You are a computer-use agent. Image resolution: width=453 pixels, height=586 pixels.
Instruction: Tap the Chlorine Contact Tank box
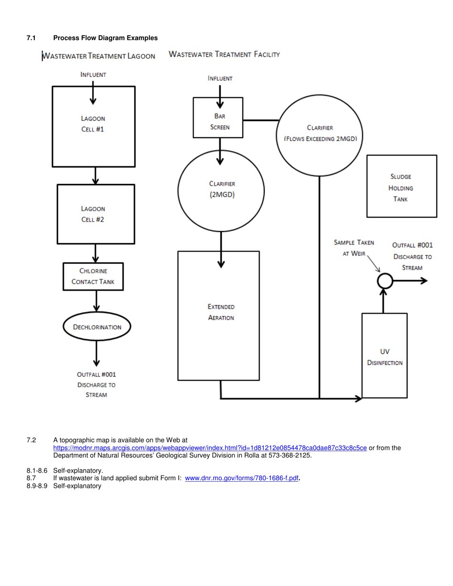coord(93,277)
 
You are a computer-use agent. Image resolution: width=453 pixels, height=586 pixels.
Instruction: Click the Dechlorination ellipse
coord(97,327)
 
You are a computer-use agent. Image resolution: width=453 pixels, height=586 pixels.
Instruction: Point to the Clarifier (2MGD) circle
coord(221,190)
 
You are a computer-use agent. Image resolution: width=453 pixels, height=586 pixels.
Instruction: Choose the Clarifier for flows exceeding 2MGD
coord(319,133)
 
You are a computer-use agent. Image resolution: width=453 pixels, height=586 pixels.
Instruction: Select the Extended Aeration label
coord(221,312)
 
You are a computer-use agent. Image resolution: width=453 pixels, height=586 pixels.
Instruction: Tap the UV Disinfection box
coord(384,356)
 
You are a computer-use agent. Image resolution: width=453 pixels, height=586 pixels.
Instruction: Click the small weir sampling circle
coord(385,281)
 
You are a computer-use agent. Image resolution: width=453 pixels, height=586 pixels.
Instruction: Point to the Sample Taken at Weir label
coord(354,248)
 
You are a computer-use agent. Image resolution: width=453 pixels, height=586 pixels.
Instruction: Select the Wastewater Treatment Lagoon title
coord(99,56)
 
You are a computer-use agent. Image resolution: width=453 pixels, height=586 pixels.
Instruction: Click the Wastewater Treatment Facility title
coord(224,55)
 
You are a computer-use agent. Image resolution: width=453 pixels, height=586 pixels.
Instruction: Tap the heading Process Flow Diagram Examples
coord(105,38)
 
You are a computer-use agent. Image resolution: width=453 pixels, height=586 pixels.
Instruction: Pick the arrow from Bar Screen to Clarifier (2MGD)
coord(220,149)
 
